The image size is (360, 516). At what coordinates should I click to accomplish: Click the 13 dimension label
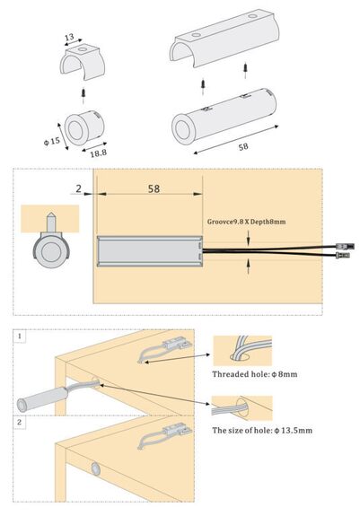tap(69, 37)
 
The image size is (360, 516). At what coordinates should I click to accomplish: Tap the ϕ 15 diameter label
tap(52, 141)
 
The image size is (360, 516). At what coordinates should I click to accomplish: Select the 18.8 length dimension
tap(99, 153)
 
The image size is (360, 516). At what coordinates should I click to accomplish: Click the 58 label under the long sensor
tap(243, 146)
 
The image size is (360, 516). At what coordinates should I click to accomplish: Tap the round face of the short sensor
tap(76, 130)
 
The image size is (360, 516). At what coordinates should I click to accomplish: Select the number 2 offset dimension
tap(79, 188)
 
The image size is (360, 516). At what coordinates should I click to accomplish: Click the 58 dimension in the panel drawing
tap(154, 188)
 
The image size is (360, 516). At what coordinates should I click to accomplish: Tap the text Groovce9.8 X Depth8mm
tap(247, 222)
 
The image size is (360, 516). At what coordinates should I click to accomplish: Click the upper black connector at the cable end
tap(345, 246)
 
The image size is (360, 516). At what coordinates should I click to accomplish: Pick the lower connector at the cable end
tap(343, 254)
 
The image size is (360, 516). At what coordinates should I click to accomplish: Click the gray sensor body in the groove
tap(150, 251)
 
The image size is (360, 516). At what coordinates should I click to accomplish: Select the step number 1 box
tap(20, 337)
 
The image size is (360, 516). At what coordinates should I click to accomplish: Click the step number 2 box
tap(20, 422)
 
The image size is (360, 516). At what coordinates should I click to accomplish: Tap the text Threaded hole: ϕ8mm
tap(255, 374)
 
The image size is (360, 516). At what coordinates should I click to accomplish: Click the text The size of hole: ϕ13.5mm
tap(262, 430)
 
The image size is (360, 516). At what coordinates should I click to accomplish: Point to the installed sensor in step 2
tap(96, 468)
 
